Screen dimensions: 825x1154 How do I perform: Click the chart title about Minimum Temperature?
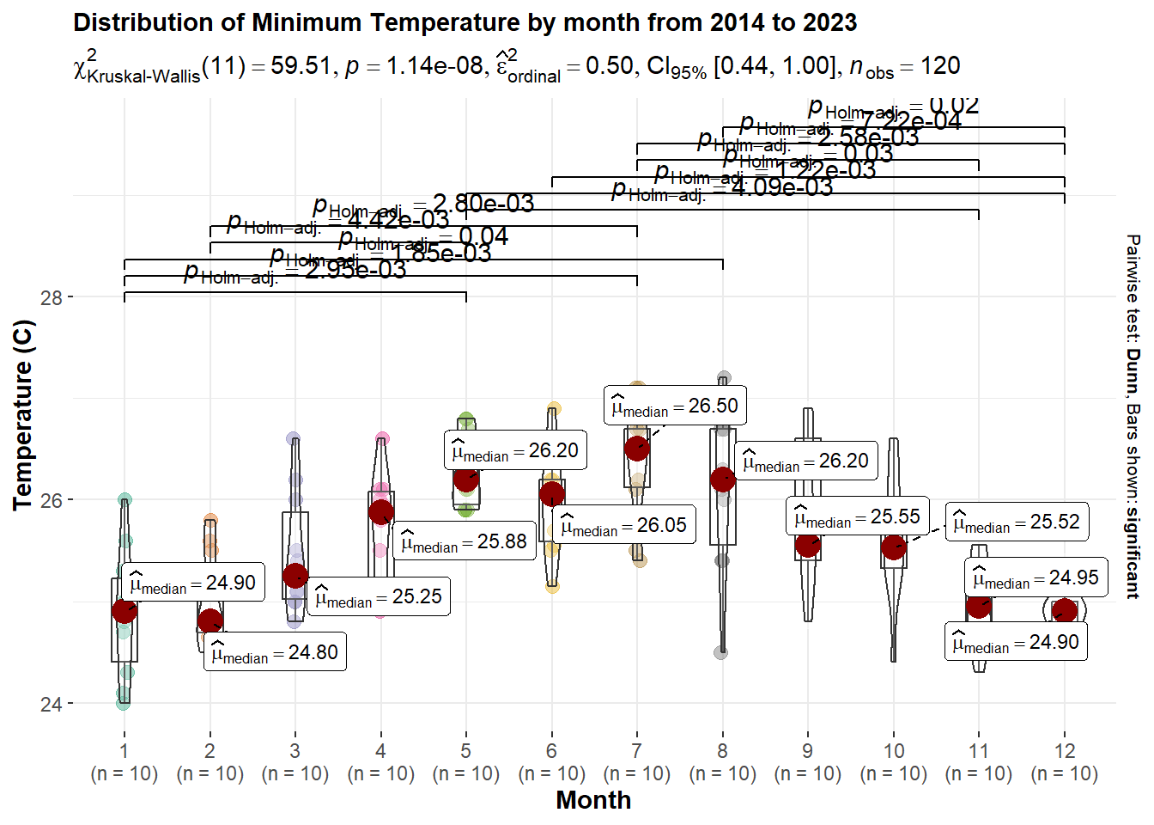coord(465,23)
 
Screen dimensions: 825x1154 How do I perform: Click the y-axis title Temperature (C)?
coord(23,415)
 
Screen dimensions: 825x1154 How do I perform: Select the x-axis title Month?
coord(593,800)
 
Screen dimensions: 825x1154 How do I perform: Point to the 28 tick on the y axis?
coord(52,297)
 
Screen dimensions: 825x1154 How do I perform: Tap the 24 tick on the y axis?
coord(52,704)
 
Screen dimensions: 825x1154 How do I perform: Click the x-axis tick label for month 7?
coord(636,751)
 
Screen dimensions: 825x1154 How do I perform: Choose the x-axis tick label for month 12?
coord(1065,751)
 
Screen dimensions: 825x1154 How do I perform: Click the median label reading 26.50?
coord(675,406)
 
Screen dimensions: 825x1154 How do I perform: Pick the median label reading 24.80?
coord(275,653)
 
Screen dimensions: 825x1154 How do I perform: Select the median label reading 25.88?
coord(464,542)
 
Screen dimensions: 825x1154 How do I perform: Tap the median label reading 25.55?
coord(857,517)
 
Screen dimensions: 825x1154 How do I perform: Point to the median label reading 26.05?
coord(624,526)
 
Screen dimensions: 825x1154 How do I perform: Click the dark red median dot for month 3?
coord(295,576)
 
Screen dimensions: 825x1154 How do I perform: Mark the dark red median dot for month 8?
coord(723,480)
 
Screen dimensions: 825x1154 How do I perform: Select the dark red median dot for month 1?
coord(125,611)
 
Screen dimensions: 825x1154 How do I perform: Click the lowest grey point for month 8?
coord(720,652)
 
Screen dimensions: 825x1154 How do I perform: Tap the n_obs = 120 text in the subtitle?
coord(905,67)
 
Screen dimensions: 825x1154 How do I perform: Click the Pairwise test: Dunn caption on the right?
coord(1133,416)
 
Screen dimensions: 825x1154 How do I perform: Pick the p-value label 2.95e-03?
coord(295,271)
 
